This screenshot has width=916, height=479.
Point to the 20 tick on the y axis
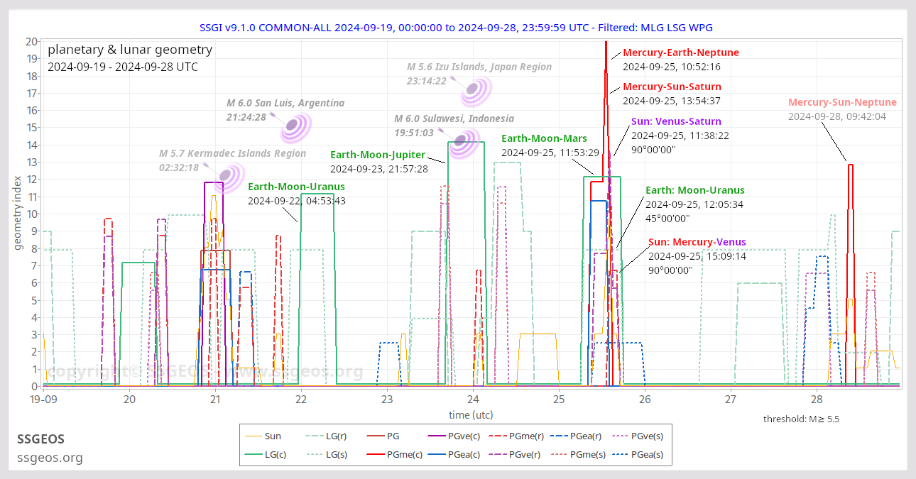(31, 41)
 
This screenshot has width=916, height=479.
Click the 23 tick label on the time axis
(386, 400)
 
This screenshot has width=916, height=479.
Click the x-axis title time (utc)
(471, 414)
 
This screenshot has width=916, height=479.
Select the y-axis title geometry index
(18, 213)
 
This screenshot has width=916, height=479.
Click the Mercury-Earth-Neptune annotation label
(680, 53)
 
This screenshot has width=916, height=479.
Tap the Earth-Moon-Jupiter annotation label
(378, 155)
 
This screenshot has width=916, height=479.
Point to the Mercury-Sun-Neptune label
(842, 102)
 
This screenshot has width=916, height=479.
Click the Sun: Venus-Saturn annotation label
(676, 121)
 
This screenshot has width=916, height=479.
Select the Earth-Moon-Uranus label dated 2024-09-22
(296, 187)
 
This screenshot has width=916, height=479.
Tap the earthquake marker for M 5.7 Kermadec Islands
(229, 175)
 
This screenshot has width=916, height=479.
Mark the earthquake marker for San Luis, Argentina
(293, 126)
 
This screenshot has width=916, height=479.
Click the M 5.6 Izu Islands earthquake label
(479, 67)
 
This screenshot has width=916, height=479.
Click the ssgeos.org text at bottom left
(50, 458)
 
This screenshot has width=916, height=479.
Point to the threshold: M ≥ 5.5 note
(801, 419)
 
